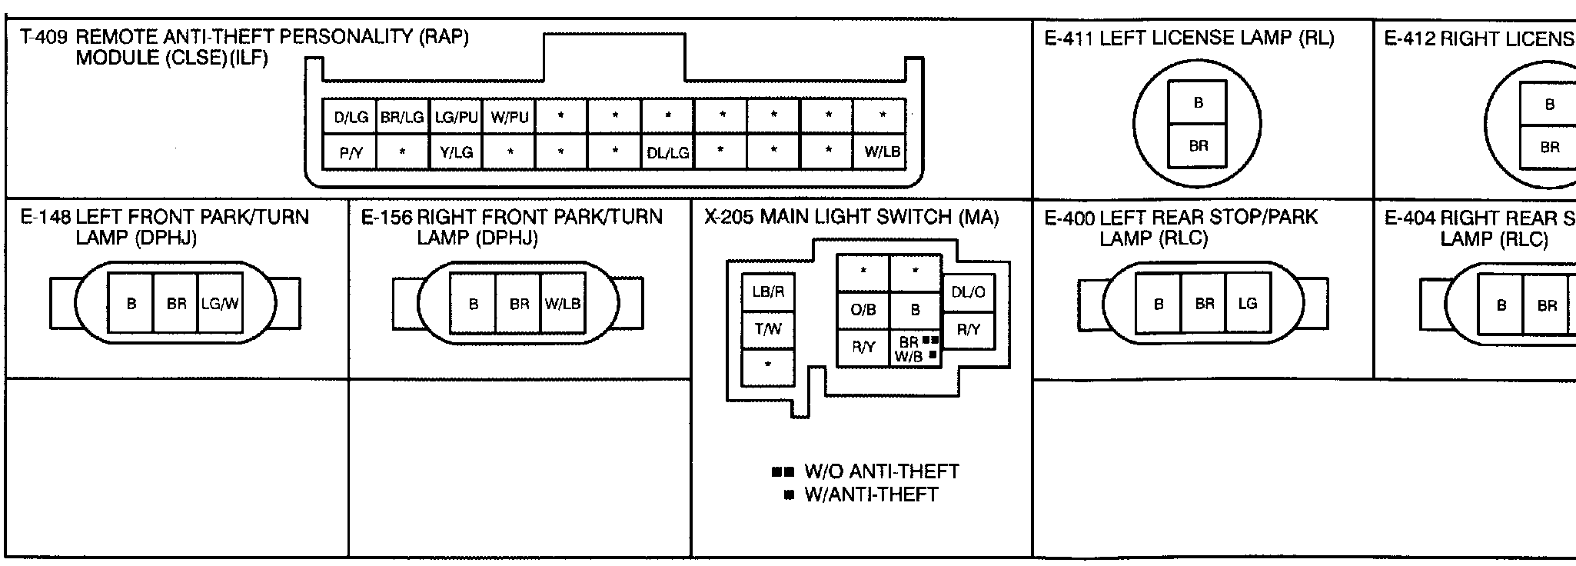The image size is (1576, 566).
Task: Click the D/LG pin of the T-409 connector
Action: click(x=351, y=118)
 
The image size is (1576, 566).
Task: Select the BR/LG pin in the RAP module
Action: click(x=402, y=118)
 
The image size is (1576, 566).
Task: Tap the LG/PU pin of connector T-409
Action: click(x=456, y=118)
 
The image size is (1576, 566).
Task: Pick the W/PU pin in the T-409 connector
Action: click(x=509, y=118)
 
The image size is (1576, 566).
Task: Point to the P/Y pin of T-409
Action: click(x=351, y=153)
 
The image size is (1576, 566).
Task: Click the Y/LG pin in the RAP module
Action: click(x=456, y=153)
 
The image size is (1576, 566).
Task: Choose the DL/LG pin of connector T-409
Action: click(x=667, y=153)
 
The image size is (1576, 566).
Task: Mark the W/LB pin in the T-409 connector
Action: click(x=882, y=152)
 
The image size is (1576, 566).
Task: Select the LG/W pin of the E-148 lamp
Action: click(x=220, y=304)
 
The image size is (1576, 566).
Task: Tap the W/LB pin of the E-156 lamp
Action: click(x=562, y=304)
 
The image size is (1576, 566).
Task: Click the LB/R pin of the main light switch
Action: click(x=767, y=292)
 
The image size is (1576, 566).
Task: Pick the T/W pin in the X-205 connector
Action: click(x=767, y=330)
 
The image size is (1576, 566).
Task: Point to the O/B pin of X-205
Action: click(x=863, y=310)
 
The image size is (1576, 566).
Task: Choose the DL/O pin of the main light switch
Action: click(x=968, y=292)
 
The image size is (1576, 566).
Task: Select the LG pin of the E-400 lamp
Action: click(x=1247, y=304)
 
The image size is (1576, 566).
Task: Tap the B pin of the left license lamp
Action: click(x=1198, y=103)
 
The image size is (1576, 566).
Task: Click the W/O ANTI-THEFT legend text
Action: click(x=881, y=471)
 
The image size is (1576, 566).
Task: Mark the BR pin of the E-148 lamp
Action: click(x=176, y=304)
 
